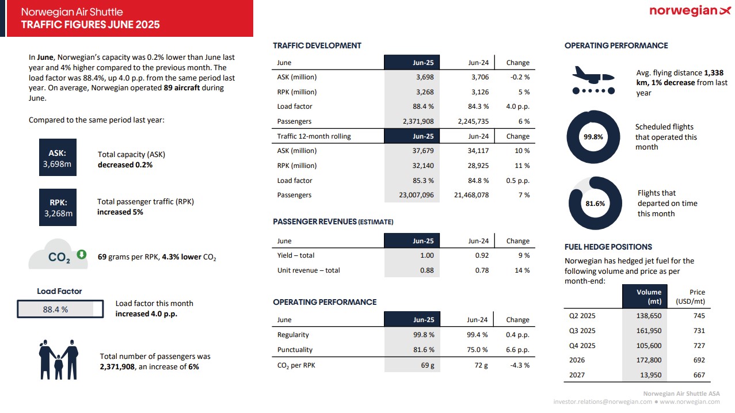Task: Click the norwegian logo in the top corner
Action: pos(690,11)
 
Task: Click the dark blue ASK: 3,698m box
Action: pos(58,158)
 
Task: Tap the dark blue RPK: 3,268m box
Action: pos(58,207)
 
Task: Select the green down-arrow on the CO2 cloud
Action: pos(81,254)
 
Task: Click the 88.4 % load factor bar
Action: pos(60,309)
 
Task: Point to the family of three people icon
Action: pos(59,360)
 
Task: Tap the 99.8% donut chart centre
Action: pos(593,137)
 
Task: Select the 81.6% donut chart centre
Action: pos(595,204)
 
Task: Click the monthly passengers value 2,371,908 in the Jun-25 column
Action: pos(418,121)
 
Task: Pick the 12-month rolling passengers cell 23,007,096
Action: pos(416,195)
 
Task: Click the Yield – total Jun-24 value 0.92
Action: pos(482,255)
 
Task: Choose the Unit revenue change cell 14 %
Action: pos(522,270)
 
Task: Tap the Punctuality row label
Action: pos(295,350)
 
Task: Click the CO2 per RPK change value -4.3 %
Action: pos(520,365)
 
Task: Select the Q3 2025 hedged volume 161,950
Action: pos(649,331)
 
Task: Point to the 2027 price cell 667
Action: pos(699,375)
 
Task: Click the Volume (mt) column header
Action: pos(645,297)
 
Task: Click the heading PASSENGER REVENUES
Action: pos(315,222)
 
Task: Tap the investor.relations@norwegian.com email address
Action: pos(603,402)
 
